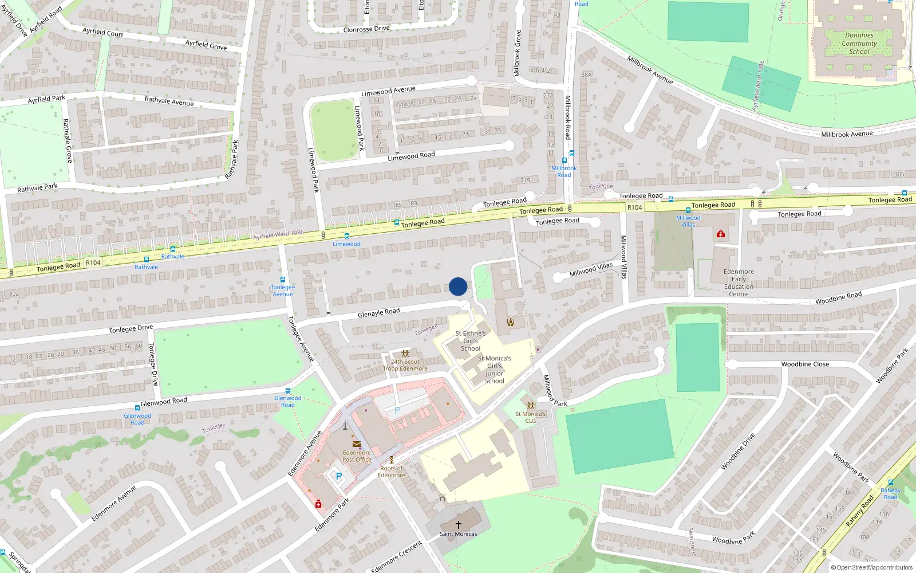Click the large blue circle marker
coord(458,286)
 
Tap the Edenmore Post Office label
coord(357,456)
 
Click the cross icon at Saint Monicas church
coord(459,524)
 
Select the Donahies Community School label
coord(859,43)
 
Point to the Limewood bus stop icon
coord(346,236)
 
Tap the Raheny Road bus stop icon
coord(890,483)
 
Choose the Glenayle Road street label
coord(378,313)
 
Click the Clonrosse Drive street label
coord(366,29)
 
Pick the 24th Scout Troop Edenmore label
coord(405,365)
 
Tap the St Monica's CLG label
coord(531,417)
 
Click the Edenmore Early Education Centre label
coord(739,283)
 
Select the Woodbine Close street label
coord(805,364)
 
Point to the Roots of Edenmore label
coord(392,472)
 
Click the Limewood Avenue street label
coord(388,91)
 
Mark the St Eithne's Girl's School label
coord(471,340)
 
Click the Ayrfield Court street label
coord(103,32)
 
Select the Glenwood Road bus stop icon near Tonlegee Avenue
coord(288,391)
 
